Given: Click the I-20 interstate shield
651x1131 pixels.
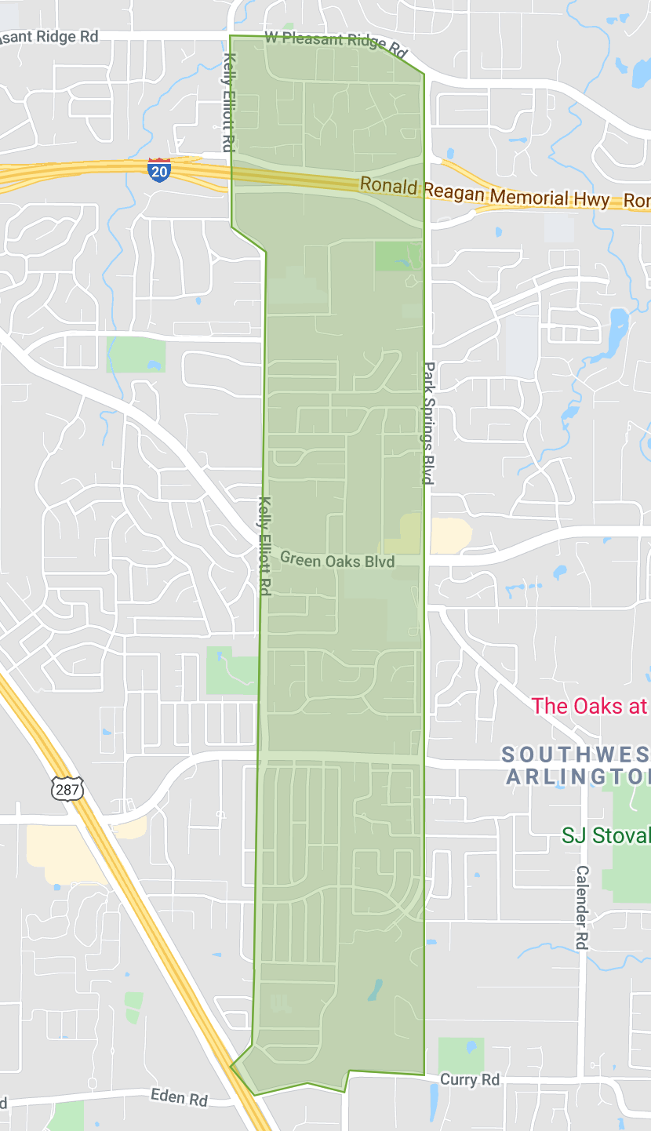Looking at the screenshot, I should (158, 169).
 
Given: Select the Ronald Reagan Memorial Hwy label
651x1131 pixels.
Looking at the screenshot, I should (484, 195).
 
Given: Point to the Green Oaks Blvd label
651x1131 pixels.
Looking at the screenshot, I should (336, 560).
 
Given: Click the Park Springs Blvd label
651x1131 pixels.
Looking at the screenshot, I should (428, 423).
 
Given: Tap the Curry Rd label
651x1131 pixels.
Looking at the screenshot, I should (469, 1080).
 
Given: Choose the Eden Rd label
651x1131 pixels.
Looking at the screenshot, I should (178, 1096).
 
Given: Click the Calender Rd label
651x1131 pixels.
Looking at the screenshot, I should (581, 907).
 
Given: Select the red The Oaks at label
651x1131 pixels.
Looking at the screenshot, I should (589, 705).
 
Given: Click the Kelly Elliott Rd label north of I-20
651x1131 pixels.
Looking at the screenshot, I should (229, 102).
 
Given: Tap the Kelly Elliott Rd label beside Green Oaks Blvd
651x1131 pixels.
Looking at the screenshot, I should (265, 546).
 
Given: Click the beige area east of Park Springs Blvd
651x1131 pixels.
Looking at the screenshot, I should (450, 536).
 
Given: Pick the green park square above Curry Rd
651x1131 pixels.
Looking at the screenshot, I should (460, 1055).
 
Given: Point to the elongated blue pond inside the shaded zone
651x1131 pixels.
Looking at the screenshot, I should (375, 990).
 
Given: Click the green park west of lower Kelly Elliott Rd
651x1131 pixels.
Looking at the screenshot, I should (231, 670).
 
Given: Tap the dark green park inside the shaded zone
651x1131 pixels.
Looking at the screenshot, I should (398, 256).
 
